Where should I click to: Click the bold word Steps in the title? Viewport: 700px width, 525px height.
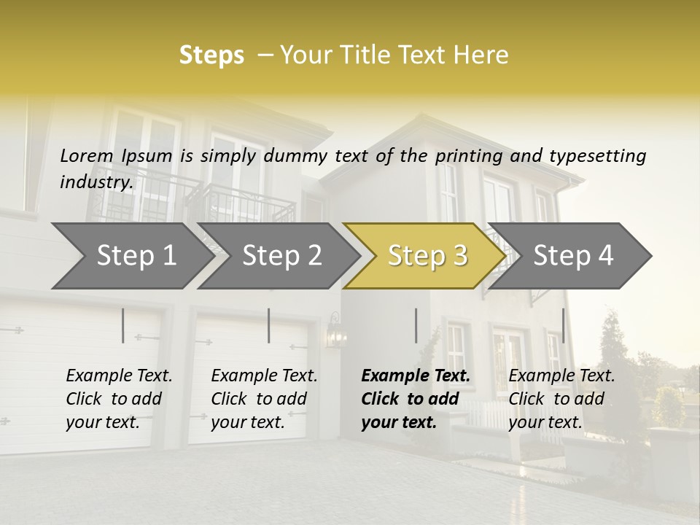point(211,55)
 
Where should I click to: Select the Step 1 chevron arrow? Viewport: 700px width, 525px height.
point(131,255)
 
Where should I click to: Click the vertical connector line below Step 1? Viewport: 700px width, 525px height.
point(123,325)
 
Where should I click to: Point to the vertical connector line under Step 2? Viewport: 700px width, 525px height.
point(269,325)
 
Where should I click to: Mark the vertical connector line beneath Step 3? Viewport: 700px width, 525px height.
point(416,325)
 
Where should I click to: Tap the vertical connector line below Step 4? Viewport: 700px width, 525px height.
point(563,325)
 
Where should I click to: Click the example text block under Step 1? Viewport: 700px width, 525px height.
point(119,399)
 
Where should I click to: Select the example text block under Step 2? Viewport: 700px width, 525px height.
point(264,399)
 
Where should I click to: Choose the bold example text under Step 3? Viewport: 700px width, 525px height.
point(416,399)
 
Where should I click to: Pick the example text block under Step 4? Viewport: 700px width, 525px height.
point(561,399)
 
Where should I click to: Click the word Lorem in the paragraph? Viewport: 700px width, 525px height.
point(87,156)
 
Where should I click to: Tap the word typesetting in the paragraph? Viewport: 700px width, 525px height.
point(598,156)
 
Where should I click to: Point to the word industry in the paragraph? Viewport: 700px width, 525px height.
point(96,182)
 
